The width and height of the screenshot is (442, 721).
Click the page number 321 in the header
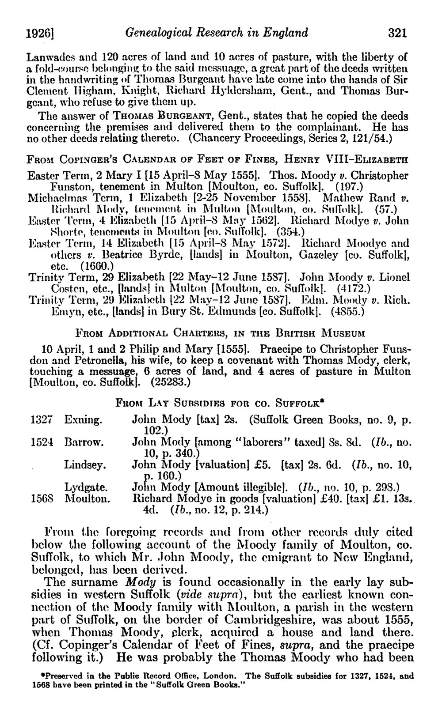click(x=396, y=33)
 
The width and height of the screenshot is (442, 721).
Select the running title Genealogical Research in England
click(x=217, y=33)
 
